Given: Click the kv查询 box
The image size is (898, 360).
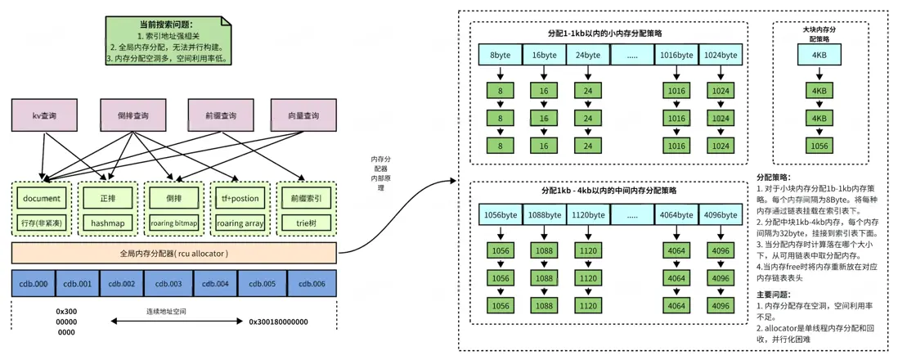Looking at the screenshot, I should (43, 116).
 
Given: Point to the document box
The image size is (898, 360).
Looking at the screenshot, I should (43, 199).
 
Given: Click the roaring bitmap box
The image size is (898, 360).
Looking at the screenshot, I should (173, 222).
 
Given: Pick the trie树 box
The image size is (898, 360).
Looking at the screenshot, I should (307, 222).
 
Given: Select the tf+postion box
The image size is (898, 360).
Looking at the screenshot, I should (240, 199).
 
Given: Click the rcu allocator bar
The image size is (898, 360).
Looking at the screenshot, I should (173, 253).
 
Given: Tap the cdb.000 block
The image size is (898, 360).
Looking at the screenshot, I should (33, 283).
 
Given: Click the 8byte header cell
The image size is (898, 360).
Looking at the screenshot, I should (501, 56).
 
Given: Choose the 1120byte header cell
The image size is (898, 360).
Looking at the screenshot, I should (588, 216).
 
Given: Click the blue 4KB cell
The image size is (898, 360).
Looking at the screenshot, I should (819, 56).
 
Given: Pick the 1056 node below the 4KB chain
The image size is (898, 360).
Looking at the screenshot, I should (819, 146).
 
